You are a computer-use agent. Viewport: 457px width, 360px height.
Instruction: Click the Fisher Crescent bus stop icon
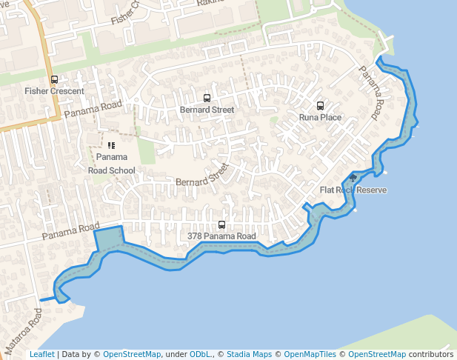point(54,80)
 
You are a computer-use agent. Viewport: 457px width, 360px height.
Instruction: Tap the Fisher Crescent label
point(54,91)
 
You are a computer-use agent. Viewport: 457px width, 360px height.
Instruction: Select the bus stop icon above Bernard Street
point(207,98)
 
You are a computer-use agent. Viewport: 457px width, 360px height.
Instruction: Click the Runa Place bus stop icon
point(320,105)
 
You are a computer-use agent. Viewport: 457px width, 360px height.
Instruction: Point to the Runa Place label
point(320,117)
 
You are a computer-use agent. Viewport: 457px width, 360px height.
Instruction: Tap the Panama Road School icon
point(111,146)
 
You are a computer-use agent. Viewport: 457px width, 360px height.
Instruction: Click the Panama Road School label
point(112,164)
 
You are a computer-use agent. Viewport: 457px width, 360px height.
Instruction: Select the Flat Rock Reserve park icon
point(353,178)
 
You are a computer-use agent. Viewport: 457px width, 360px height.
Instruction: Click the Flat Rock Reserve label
point(353,190)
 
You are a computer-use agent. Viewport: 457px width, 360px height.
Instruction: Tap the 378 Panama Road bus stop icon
point(221,224)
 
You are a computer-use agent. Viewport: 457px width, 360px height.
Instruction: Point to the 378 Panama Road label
point(221,236)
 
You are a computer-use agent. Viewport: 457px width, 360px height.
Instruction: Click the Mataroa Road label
point(22,331)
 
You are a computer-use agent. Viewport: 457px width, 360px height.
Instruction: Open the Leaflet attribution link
point(41,354)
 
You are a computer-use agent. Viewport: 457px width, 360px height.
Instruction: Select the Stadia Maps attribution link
point(249,354)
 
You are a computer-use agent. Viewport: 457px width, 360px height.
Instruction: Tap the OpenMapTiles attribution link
point(307,354)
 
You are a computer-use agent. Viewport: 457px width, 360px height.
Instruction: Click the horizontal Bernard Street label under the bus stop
point(207,110)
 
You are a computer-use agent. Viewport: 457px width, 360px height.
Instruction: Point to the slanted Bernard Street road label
point(203,176)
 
